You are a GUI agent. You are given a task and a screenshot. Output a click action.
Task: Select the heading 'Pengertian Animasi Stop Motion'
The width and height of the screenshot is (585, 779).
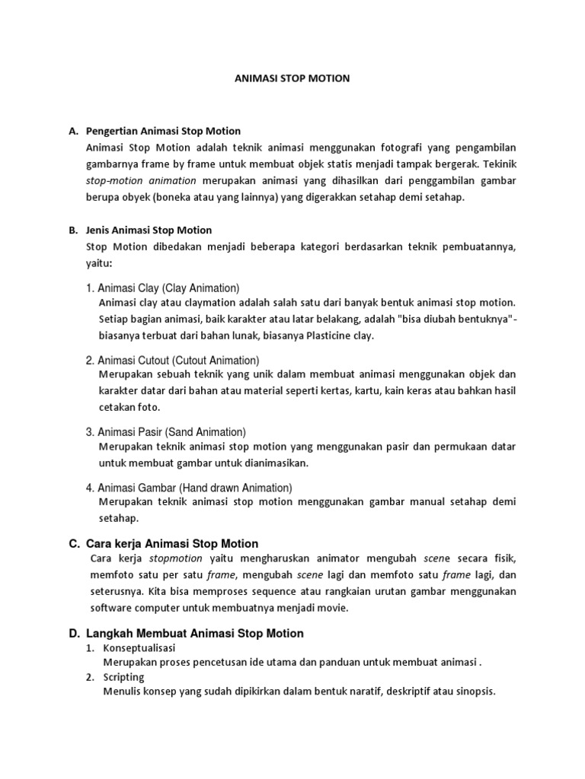pyautogui.click(x=164, y=131)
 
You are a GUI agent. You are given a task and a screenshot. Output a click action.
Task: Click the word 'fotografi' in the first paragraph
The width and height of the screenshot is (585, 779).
pyautogui.click(x=411, y=147)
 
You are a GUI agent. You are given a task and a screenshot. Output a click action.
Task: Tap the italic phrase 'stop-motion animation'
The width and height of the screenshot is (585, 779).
pyautogui.click(x=142, y=180)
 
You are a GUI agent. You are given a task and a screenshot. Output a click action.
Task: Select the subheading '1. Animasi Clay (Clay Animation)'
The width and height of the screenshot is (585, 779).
pyautogui.click(x=163, y=288)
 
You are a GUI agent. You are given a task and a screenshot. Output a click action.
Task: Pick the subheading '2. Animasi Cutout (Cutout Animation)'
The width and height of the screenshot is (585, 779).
pyautogui.click(x=173, y=360)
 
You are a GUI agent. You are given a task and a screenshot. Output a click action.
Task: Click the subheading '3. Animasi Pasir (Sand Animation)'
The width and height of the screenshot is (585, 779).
pyautogui.click(x=166, y=431)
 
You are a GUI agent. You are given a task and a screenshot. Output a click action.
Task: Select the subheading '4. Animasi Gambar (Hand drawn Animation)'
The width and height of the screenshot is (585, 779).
pyautogui.click(x=189, y=488)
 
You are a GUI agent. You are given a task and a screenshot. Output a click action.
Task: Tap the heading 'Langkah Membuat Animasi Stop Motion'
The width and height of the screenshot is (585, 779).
pyautogui.click(x=195, y=633)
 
